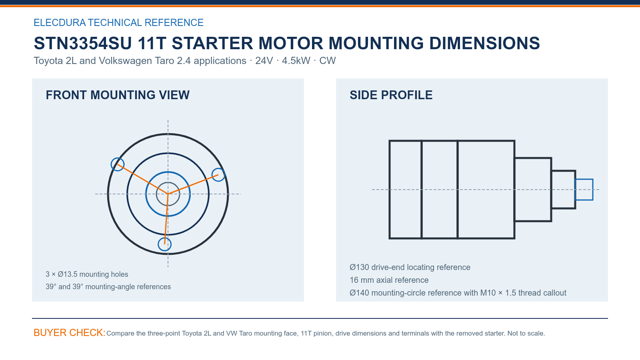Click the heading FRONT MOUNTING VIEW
118,95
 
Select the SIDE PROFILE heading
391,95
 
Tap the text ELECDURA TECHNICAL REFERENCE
118,22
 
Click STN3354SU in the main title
83,43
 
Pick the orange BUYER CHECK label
70,332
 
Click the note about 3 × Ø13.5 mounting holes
87,274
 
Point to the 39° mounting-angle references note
108,286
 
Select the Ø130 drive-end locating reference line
410,267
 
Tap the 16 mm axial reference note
389,280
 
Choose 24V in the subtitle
264,60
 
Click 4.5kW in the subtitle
296,60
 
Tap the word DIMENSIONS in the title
484,43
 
